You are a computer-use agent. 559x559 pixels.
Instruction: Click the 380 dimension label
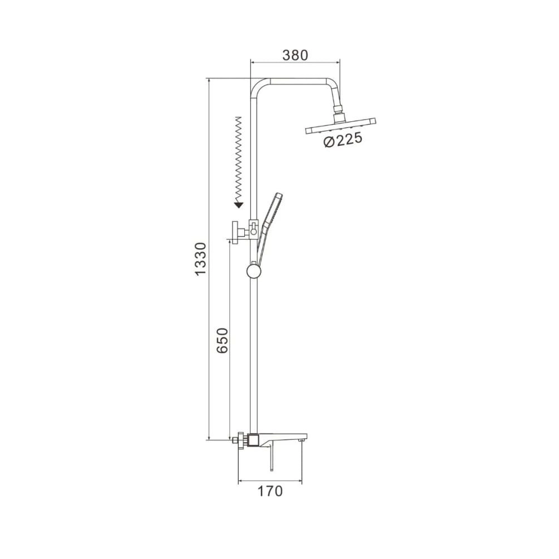[x=295, y=55]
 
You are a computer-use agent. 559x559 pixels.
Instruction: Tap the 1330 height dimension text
[x=201, y=259]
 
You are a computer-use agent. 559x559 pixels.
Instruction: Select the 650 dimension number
[x=222, y=340]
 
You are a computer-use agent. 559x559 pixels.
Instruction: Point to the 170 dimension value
[x=270, y=491]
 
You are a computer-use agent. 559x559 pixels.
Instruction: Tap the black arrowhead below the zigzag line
[x=239, y=205]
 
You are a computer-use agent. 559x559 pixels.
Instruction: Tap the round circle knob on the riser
[x=254, y=272]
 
